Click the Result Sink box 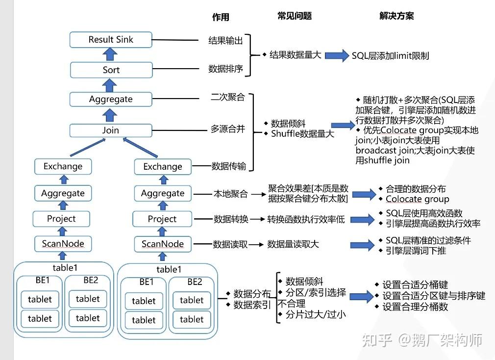[x=111, y=40]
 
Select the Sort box [x=111, y=70]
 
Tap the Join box [x=111, y=130]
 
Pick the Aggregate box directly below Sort [x=111, y=99]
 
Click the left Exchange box [x=63, y=166]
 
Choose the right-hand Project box [x=162, y=219]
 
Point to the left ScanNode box [x=63, y=243]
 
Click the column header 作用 [x=221, y=17]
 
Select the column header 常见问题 [x=295, y=16]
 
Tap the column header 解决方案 [x=396, y=16]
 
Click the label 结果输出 [x=225, y=41]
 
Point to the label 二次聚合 [x=227, y=97]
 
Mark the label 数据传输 [x=228, y=167]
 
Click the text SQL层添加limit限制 [x=390, y=55]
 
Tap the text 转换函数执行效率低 [x=306, y=219]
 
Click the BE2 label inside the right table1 [x=195, y=282]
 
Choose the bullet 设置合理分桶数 [x=415, y=307]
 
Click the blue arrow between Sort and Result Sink [x=111, y=54]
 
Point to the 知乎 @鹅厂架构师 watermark [x=422, y=340]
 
